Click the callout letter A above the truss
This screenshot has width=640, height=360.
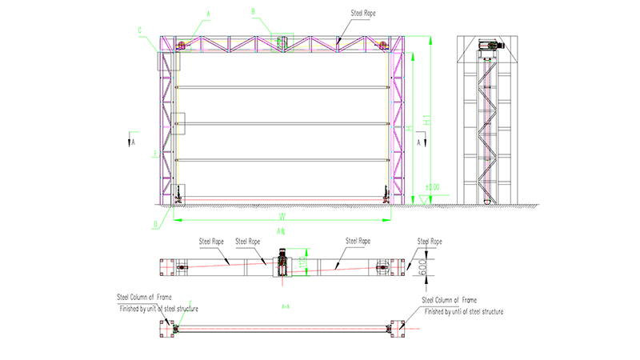209,14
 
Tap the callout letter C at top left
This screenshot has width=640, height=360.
140,30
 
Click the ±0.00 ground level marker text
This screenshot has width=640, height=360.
433,187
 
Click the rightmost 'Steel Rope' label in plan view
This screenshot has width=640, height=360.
430,241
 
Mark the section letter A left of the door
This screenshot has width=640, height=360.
134,141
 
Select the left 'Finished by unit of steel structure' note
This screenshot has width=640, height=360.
159,308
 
